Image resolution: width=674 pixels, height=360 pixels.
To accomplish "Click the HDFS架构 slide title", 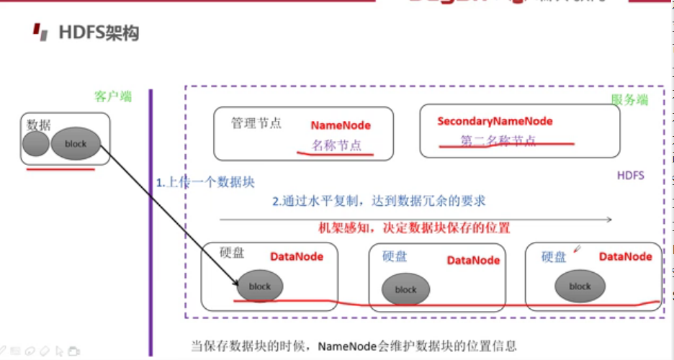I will pos(99,33).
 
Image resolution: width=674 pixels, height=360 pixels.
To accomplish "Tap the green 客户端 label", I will pos(113,96).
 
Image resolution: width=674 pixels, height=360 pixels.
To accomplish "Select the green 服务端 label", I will pos(629,100).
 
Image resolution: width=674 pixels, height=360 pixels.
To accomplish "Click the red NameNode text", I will pos(341,125).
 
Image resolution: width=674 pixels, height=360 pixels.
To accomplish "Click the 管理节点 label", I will pos(256,123).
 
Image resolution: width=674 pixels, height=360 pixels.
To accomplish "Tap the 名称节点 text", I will pos(336,145).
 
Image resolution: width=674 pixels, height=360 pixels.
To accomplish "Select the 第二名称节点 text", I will pos(498,140).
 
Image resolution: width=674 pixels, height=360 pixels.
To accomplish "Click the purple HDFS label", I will pos(631,176).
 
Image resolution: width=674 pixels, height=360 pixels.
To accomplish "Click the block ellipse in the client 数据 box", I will pos(75,143).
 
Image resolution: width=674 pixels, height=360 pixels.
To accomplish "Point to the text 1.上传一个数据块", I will pos(205,182).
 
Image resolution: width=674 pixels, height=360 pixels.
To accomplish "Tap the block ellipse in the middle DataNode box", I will pos(405,289).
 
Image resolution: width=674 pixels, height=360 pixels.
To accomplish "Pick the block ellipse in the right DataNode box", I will pos(580,286).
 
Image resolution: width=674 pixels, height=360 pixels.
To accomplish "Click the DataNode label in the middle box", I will pos(473,260).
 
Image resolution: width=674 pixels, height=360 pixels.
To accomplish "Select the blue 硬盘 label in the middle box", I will pos(395,256).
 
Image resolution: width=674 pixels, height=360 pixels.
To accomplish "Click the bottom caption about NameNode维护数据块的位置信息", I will pos(354,346).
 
